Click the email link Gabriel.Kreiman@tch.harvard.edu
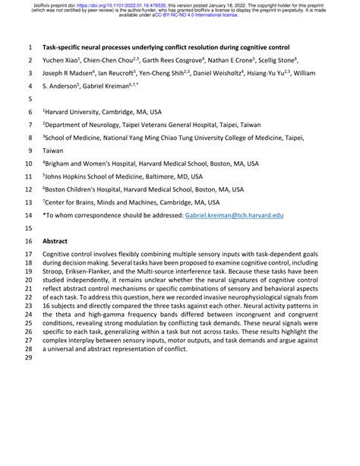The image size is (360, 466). [234, 216]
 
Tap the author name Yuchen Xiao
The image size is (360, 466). [65, 60]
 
